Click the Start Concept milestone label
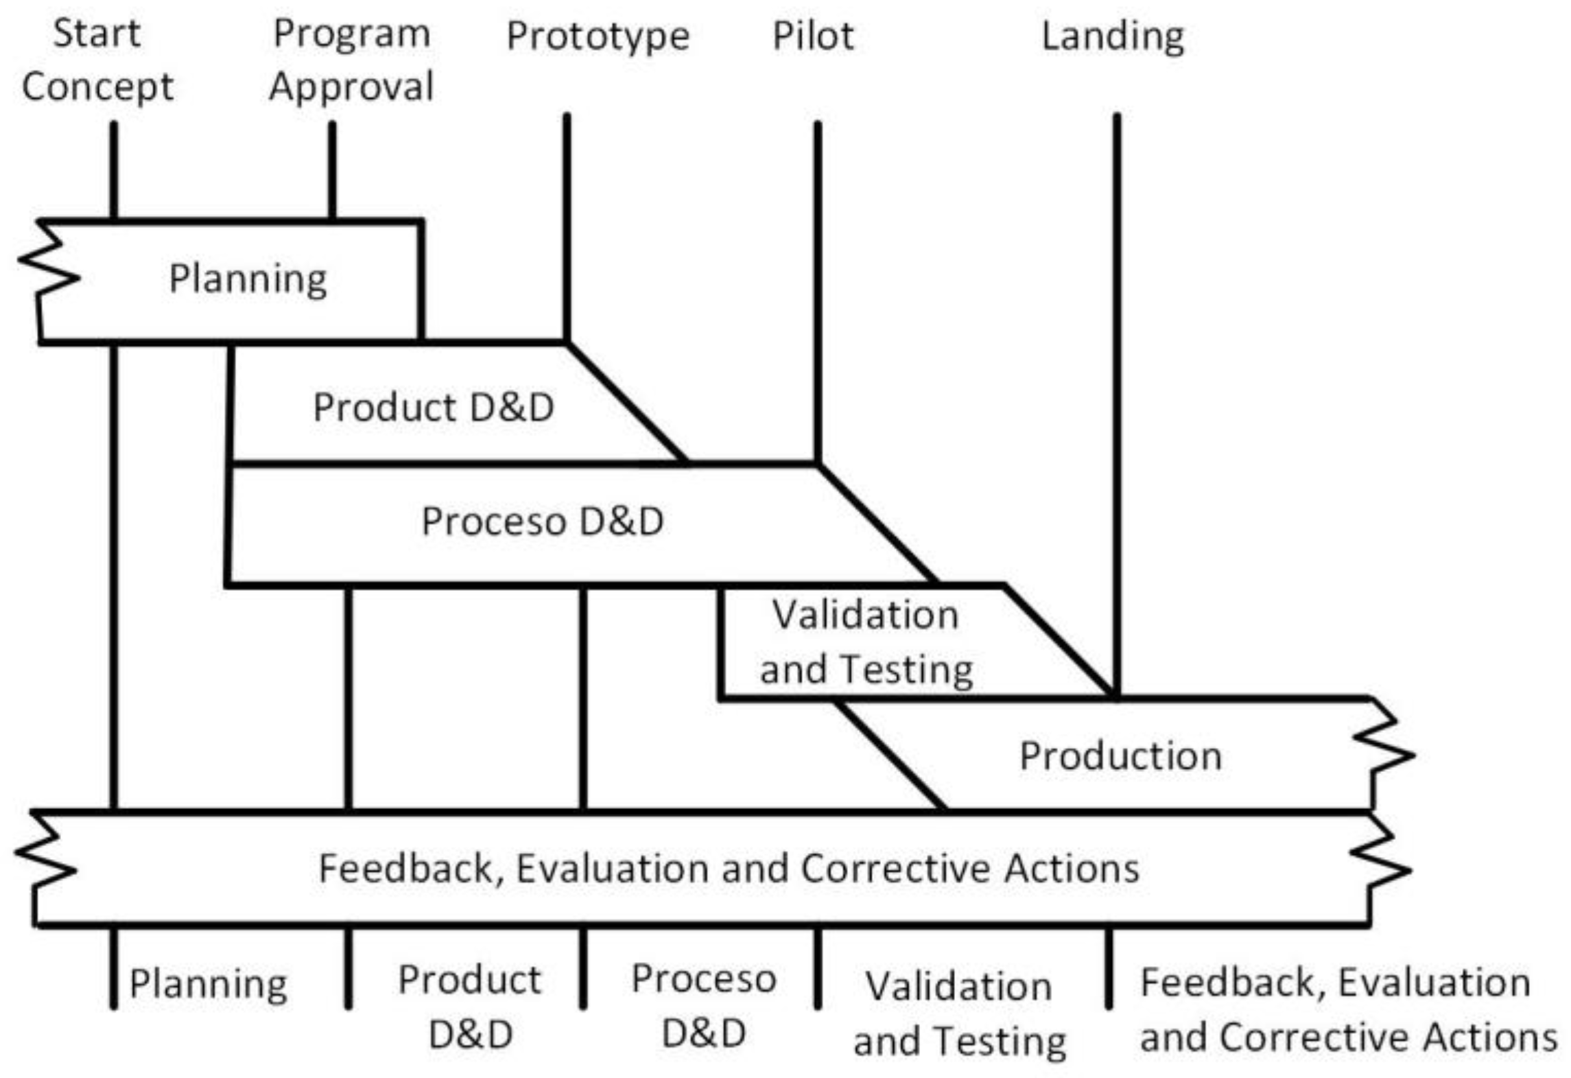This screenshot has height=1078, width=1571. click(x=97, y=60)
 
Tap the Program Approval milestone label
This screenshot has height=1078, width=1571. click(x=351, y=60)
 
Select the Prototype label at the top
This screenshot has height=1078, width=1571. click(x=598, y=36)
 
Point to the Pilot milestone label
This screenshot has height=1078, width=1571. click(x=813, y=36)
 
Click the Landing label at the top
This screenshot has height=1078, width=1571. click(x=1113, y=36)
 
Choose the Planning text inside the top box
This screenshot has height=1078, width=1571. click(x=248, y=279)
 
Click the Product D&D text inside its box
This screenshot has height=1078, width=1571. click(x=434, y=407)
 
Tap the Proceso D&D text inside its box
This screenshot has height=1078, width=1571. click(x=542, y=522)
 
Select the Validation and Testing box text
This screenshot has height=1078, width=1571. click(x=866, y=642)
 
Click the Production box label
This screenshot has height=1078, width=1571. click(x=1120, y=756)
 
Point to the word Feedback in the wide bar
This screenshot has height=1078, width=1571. click(x=405, y=868)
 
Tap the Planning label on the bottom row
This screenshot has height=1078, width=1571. click(x=208, y=984)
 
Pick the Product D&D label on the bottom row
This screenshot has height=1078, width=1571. click(x=470, y=1006)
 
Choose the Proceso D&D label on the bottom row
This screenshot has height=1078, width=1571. click(x=703, y=1006)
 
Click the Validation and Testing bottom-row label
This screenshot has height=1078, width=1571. click(x=959, y=1013)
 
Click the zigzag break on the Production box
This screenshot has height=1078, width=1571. click(x=1386, y=755)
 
